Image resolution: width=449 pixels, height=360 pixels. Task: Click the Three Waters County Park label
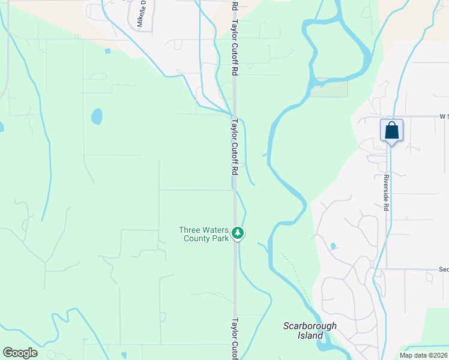(x=204, y=234)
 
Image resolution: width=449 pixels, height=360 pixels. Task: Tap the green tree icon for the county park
(x=238, y=233)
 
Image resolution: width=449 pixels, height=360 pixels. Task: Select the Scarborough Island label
(x=310, y=331)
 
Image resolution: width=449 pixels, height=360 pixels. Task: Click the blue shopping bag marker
(x=391, y=131)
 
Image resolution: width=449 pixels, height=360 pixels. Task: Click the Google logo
(x=20, y=353)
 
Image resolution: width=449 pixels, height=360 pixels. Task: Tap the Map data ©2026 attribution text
(x=424, y=355)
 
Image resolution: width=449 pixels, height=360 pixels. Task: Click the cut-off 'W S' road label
(x=444, y=116)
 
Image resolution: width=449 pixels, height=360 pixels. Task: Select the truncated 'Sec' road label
(x=444, y=269)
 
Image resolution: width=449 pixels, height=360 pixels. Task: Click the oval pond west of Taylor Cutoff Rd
(x=97, y=116)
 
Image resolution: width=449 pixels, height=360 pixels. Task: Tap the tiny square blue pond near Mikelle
(x=107, y=51)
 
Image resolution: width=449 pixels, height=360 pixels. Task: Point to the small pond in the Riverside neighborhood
(x=333, y=246)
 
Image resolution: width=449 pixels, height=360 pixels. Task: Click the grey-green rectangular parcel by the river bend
(x=328, y=88)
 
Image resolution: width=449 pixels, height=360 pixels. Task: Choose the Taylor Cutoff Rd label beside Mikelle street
(x=235, y=42)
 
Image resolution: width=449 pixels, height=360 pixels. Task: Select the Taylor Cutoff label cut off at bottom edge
(x=235, y=338)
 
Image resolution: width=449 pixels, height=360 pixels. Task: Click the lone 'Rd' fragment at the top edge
(x=235, y=5)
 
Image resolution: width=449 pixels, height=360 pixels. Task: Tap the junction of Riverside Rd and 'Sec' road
(x=386, y=269)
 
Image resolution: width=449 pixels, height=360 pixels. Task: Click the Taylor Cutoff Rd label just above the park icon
(x=235, y=146)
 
